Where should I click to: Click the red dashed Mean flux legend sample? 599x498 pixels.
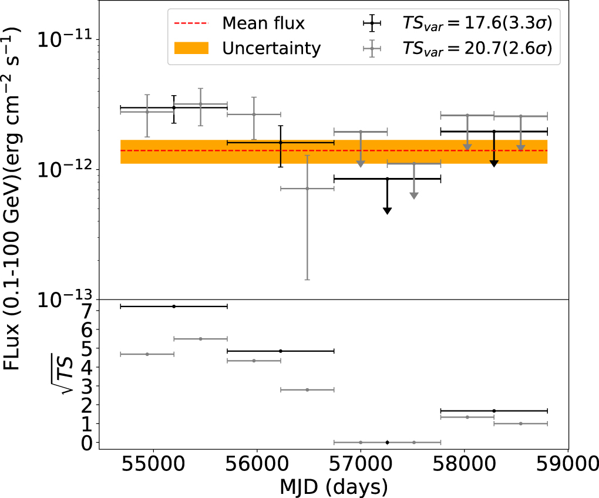click(191, 23)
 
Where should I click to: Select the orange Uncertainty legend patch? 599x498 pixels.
click(191, 49)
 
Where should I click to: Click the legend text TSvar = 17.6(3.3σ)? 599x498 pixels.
click(477, 23)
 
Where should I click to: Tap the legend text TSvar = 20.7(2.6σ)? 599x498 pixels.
click(477, 49)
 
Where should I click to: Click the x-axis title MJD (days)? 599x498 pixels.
click(333, 487)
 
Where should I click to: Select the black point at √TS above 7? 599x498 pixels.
click(174, 307)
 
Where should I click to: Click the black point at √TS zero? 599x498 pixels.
click(387, 442)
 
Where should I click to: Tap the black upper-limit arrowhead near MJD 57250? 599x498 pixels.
click(387, 210)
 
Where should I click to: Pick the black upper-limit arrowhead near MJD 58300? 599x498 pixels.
click(494, 163)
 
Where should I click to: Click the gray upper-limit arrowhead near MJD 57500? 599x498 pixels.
click(414, 195)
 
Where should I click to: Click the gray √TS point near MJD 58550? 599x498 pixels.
click(520, 423)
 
